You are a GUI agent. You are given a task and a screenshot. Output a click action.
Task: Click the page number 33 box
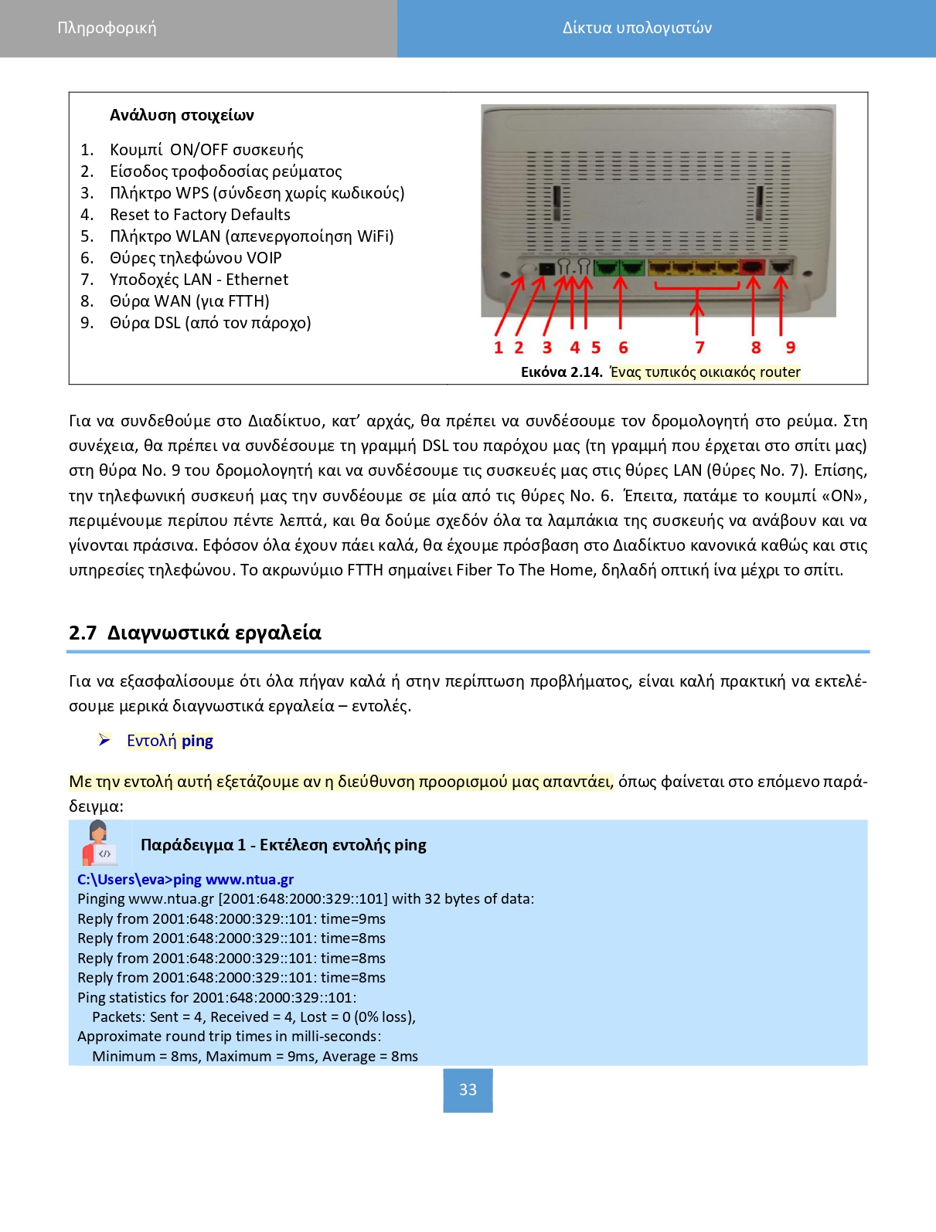point(468,1090)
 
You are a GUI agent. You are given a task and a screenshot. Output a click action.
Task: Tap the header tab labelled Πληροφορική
point(107,28)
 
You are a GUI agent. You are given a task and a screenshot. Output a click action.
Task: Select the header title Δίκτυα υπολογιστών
point(637,28)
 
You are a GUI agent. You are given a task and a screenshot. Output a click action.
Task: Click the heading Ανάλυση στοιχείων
point(182,115)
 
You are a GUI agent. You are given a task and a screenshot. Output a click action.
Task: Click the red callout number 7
point(699,348)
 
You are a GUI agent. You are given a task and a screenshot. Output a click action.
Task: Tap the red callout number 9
point(791,348)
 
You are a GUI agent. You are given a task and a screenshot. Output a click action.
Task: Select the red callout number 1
point(499,348)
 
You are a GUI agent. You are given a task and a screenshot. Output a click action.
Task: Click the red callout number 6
point(623,348)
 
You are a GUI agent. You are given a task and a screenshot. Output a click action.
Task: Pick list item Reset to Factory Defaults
point(199,215)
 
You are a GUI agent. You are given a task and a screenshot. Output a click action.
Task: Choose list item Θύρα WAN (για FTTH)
point(189,301)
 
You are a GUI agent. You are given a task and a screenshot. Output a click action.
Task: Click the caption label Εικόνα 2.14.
point(561,372)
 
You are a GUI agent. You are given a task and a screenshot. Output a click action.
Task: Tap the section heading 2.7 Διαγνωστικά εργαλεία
point(195,633)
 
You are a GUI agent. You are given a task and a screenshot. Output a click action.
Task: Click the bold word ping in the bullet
point(197,741)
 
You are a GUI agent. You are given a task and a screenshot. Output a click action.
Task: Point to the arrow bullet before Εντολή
point(104,740)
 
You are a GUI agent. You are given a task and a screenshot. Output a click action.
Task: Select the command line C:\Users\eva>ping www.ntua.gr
point(185,879)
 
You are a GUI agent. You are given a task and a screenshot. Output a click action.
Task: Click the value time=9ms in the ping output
point(352,918)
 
